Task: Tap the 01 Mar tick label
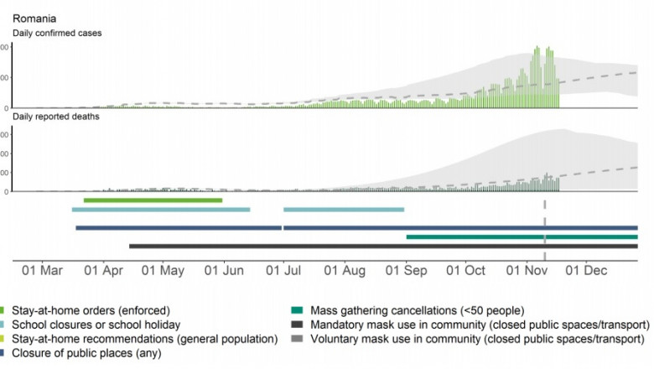42,272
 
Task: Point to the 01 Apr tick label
102,272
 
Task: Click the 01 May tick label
163,272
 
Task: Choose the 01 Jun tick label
223,272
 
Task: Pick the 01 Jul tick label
283,272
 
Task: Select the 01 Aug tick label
344,272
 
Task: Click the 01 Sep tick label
405,272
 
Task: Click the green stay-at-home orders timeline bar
153,200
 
